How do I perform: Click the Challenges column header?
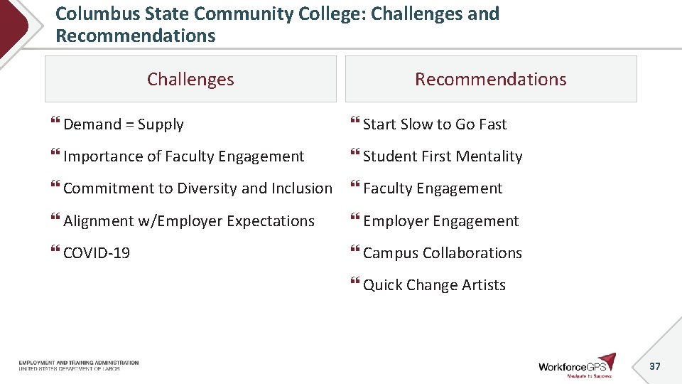point(190,79)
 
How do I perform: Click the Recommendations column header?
point(491,79)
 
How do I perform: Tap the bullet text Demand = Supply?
point(124,124)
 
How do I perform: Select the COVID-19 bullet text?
point(97,253)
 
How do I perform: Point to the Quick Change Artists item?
point(434,285)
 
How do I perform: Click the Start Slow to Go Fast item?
point(435,124)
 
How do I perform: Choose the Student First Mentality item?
point(443,156)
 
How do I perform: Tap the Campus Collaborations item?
point(443,253)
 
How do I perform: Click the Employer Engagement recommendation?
point(440,221)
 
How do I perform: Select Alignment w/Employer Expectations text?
point(189,221)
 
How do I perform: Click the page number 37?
point(655,366)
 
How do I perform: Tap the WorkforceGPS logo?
point(576,365)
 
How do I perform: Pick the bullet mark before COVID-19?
point(55,252)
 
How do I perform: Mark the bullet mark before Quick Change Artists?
point(355,284)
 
